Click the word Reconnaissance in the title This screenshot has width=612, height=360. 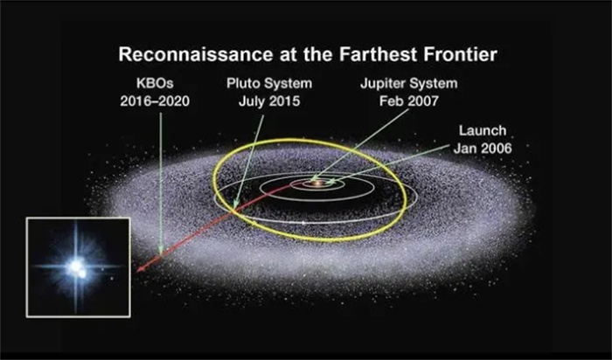[x=196, y=54]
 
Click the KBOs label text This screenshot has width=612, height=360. [x=155, y=83]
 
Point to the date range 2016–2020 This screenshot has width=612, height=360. [x=155, y=101]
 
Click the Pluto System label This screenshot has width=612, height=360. [x=269, y=83]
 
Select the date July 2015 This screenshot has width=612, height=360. [x=269, y=101]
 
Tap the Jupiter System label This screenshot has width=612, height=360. [x=408, y=83]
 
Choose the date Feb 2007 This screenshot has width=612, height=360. [x=408, y=101]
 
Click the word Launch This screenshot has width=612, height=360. [x=483, y=130]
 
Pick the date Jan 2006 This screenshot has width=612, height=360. [x=483, y=149]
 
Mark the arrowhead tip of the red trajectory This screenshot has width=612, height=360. [x=137, y=272]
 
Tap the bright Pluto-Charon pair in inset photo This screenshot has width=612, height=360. [x=77, y=269]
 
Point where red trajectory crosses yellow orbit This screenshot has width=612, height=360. [x=233, y=211]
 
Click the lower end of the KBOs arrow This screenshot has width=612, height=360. [x=160, y=254]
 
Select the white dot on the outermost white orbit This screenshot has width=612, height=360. [x=303, y=223]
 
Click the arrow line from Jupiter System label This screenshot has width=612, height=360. [x=360, y=144]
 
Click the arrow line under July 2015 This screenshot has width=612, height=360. [x=249, y=161]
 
